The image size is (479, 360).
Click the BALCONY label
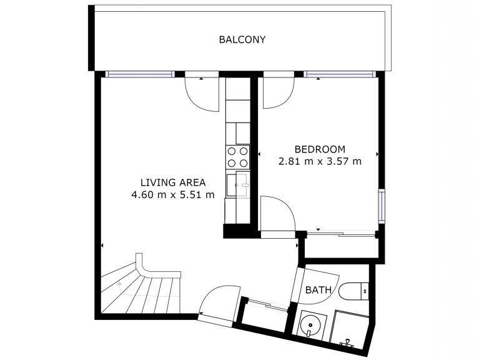(x=242, y=39)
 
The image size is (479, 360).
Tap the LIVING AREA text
(x=173, y=182)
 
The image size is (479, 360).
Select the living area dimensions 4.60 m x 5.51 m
(x=173, y=194)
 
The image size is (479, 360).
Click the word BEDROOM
(x=320, y=149)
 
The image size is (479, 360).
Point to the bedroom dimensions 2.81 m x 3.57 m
(x=320, y=161)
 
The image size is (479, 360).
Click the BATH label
(x=318, y=291)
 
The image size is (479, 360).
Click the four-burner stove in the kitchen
(x=237, y=157)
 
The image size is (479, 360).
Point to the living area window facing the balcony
(x=139, y=74)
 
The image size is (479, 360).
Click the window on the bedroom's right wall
(x=381, y=206)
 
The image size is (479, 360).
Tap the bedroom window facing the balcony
(x=341, y=74)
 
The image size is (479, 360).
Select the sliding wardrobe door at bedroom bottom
(x=341, y=234)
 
